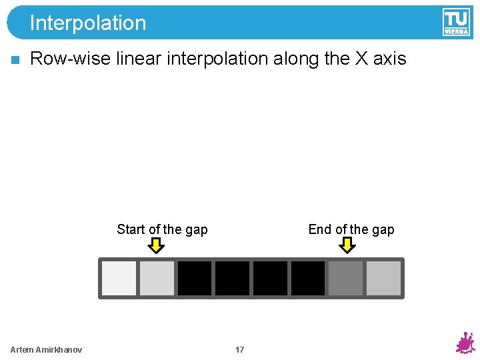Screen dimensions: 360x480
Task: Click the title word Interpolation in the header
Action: tap(87, 23)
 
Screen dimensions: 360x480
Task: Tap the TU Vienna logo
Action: tap(456, 22)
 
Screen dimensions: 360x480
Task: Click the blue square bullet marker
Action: tap(15, 60)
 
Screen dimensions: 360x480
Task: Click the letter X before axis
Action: tap(361, 59)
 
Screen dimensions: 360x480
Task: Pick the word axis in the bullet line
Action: tap(390, 59)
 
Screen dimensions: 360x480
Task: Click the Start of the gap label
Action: tap(162, 229)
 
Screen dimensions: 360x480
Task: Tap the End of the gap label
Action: tap(351, 229)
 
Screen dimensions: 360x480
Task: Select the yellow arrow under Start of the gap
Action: tap(156, 246)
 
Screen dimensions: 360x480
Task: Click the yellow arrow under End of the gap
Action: tap(347, 246)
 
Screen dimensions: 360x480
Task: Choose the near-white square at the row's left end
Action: tap(119, 278)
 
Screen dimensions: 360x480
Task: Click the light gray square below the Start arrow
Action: tap(157, 278)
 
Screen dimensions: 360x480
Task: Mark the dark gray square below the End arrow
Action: tap(346, 278)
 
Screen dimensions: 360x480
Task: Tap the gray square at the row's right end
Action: tap(384, 278)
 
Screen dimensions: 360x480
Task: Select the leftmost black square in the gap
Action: tap(195, 278)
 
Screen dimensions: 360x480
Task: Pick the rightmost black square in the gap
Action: tap(308, 278)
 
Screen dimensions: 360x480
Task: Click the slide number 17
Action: tap(240, 350)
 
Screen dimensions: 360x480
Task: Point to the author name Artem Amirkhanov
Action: tap(47, 350)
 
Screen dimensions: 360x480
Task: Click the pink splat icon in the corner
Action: tap(465, 343)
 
